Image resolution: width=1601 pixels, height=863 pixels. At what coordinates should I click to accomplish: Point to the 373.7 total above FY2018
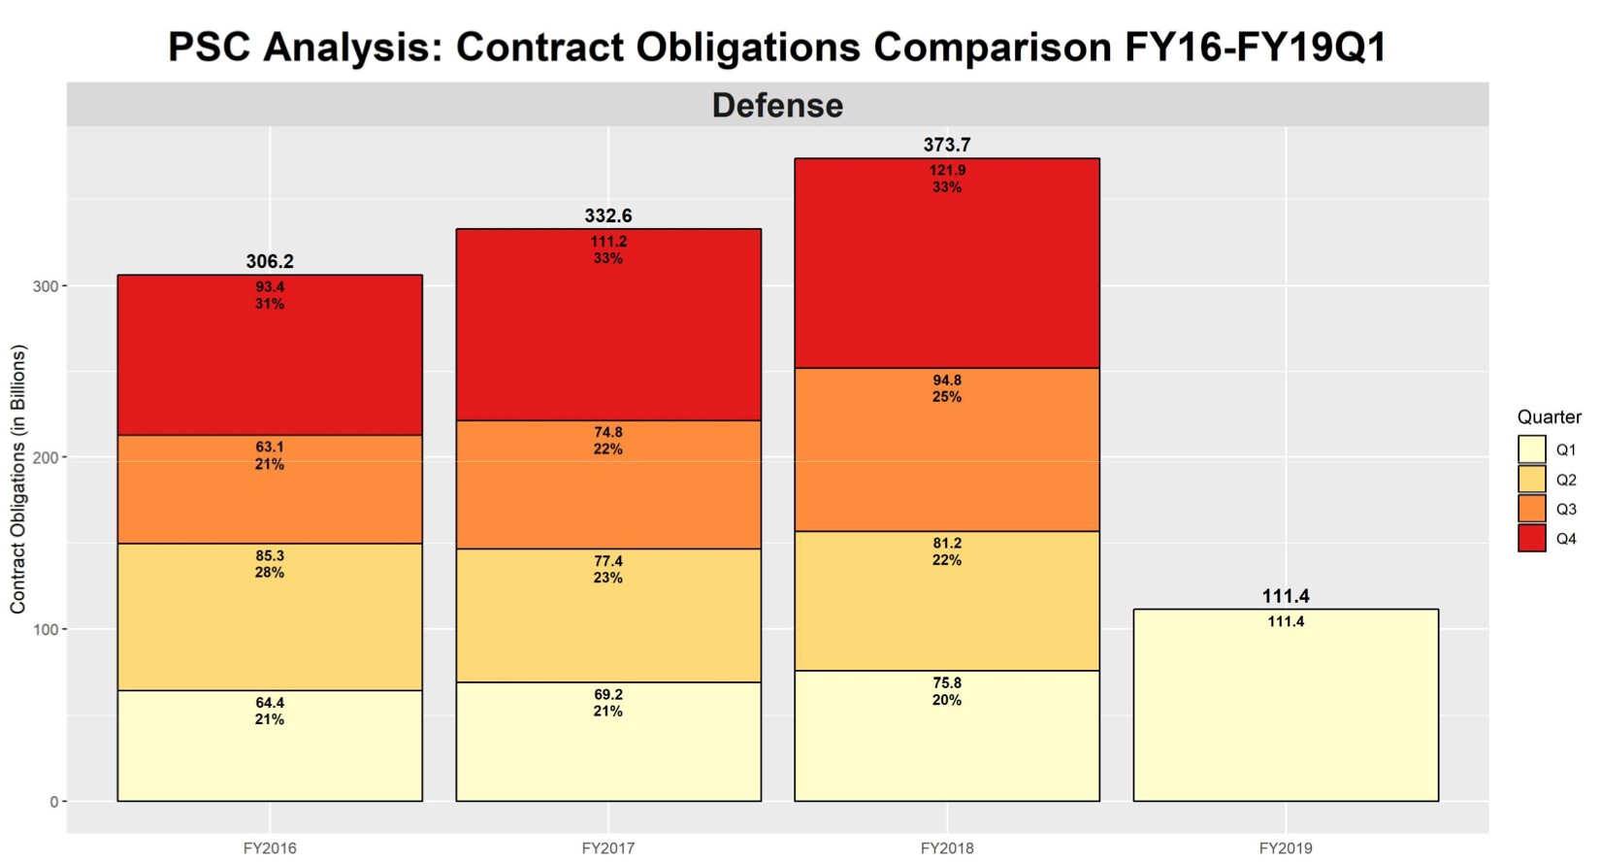click(947, 145)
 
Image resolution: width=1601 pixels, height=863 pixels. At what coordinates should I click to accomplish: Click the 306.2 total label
click(270, 261)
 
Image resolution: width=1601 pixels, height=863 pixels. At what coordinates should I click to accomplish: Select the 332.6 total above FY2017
click(608, 216)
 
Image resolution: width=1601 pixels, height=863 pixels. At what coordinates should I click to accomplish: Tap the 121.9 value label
click(947, 171)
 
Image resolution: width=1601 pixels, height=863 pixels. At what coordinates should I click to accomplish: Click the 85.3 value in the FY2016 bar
click(270, 556)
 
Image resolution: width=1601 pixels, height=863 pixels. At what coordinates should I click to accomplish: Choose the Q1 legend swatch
click(1532, 449)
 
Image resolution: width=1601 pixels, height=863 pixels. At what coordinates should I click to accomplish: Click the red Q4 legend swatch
click(1532, 539)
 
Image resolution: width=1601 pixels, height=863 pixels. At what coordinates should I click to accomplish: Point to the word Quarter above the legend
click(1549, 417)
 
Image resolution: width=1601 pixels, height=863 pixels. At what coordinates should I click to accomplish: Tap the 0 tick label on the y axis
click(54, 802)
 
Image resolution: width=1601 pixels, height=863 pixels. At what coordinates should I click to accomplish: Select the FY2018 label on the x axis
click(947, 848)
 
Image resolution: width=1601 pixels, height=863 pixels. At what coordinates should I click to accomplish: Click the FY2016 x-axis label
click(270, 848)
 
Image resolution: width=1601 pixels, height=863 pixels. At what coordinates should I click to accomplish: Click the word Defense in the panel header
click(777, 105)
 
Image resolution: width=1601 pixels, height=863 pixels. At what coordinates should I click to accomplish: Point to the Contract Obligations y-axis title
click(18, 480)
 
